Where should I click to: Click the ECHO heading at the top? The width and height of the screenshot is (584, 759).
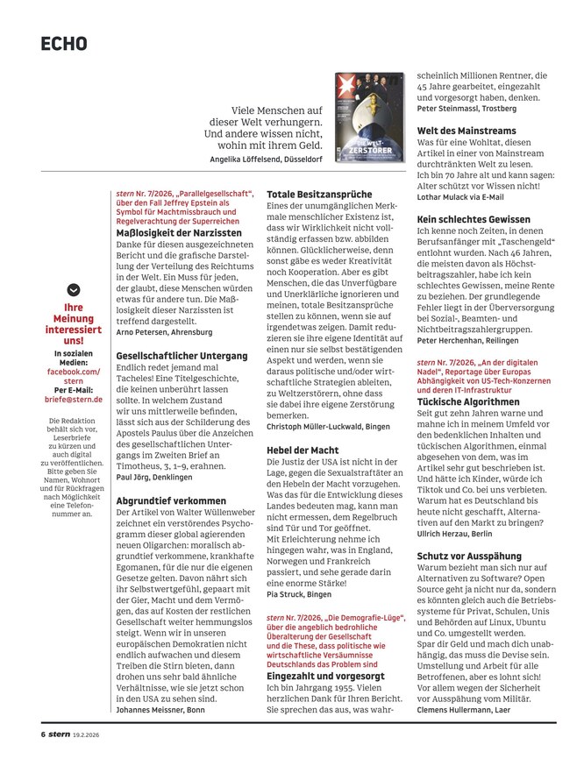(x=64, y=44)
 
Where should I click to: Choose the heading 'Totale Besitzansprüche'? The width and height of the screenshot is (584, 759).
(x=319, y=194)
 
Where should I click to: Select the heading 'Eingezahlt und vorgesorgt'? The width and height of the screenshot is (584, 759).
(x=326, y=677)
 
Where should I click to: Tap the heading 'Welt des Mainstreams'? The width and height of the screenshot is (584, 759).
(x=466, y=131)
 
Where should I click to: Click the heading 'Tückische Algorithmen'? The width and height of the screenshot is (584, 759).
(x=468, y=401)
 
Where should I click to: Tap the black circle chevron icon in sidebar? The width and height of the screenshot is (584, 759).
(x=74, y=289)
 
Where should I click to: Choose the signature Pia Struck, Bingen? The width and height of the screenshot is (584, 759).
(x=299, y=593)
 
